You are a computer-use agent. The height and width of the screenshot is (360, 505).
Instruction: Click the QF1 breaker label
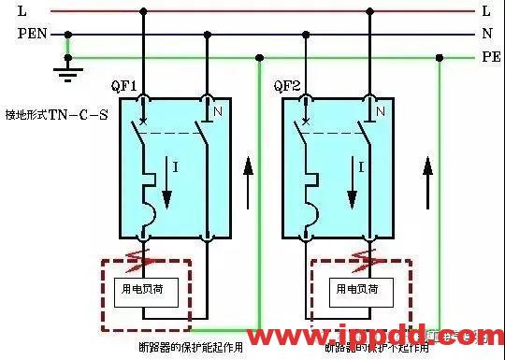126,86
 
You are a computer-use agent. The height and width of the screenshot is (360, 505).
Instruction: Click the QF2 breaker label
286,86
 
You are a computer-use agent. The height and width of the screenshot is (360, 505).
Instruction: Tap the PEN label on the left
31,35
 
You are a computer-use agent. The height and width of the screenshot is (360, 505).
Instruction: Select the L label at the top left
22,11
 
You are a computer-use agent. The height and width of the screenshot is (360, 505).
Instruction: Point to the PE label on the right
491,57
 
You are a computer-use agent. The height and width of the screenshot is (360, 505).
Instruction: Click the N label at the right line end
487,35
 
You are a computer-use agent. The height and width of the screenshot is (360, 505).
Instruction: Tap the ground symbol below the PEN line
65,68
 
